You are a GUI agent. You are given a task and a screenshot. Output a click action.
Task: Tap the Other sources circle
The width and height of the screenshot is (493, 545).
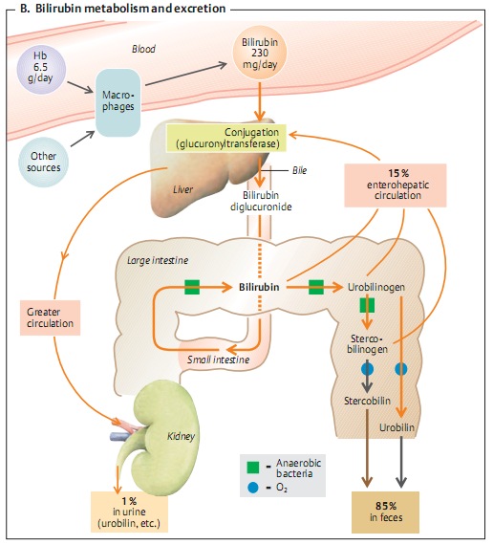(45, 161)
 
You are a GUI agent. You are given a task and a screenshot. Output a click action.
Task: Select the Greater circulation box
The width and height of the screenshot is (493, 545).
(49, 316)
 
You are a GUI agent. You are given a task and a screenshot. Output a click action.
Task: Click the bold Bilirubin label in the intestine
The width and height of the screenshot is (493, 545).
(259, 287)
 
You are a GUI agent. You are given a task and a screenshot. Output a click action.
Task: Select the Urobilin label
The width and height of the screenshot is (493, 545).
(402, 426)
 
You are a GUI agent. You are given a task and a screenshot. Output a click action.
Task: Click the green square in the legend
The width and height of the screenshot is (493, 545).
(253, 468)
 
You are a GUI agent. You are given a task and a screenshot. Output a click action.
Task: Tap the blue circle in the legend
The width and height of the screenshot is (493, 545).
(253, 487)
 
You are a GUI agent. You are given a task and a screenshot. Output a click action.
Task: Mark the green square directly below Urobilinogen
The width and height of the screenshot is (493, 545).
(366, 306)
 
